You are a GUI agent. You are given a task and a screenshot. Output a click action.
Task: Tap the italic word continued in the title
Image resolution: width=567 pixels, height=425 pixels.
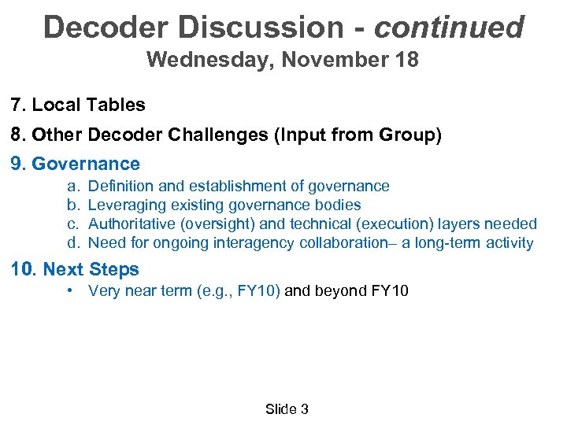(x=449, y=27)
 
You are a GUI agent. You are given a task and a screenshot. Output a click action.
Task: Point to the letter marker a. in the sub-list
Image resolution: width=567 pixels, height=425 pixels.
(x=72, y=186)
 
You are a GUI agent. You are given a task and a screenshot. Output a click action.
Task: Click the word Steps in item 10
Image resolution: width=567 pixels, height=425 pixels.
(x=114, y=269)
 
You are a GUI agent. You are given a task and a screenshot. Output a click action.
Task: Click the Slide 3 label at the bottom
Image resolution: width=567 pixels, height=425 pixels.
(x=287, y=408)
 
